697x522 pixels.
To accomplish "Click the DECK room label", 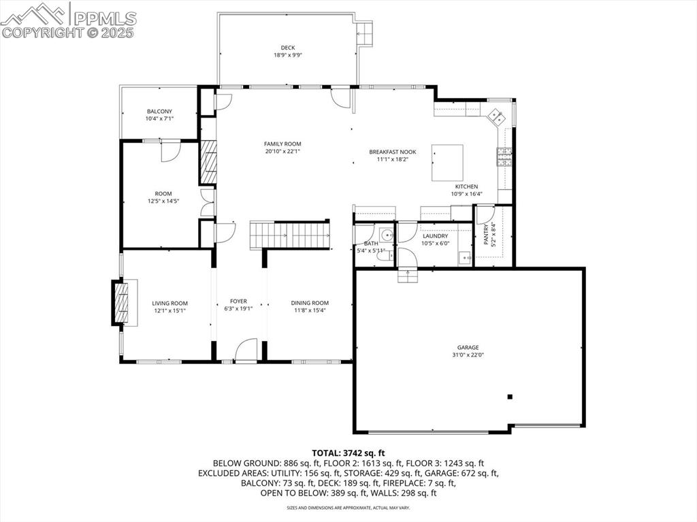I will click(x=287, y=48).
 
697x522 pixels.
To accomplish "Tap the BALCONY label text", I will click(x=159, y=112).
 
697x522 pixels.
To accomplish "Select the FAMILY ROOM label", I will click(x=282, y=144).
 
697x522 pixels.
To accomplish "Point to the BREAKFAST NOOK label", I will click(x=392, y=152).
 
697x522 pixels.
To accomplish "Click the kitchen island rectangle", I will click(x=447, y=162).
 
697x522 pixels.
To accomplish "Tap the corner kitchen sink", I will click(x=497, y=116).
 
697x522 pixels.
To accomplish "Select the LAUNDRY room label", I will click(x=435, y=236).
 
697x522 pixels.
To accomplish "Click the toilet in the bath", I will click(x=385, y=255).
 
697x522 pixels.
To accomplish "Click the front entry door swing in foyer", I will click(x=246, y=350).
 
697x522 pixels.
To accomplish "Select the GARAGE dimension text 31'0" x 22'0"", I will click(x=468, y=355).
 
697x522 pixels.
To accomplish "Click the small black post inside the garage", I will click(x=510, y=397).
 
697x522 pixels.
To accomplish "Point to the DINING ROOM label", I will click(x=310, y=303).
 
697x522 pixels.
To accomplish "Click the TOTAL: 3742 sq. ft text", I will click(x=348, y=453).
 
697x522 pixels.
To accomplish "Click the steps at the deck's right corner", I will click(x=366, y=32).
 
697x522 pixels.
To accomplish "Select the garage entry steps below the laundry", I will click(x=407, y=275).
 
